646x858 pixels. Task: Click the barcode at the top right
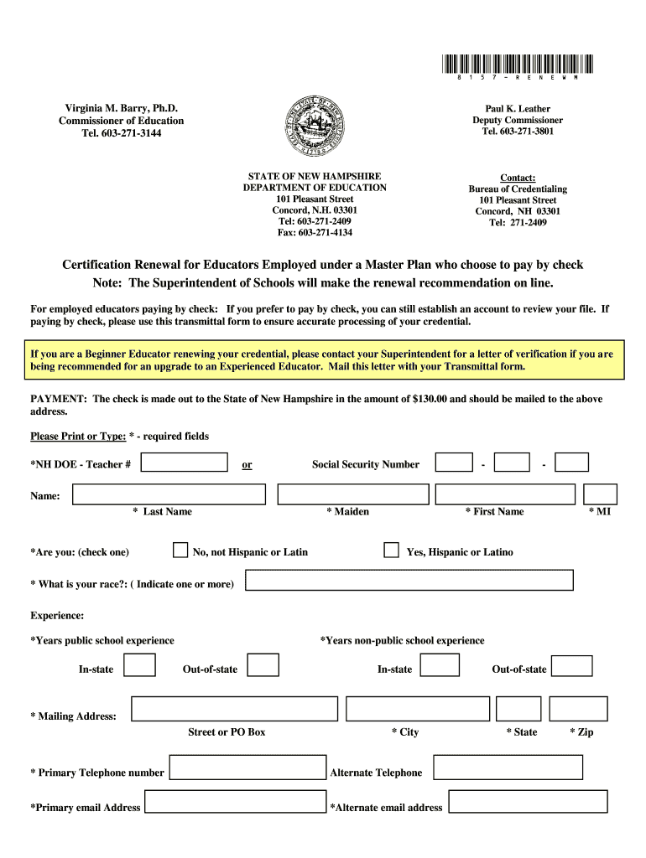(516, 64)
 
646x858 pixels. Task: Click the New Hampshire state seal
(315, 126)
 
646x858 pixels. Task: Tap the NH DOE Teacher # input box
(185, 463)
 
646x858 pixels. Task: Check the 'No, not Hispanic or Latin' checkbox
(180, 550)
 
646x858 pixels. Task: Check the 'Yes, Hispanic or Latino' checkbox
(391, 550)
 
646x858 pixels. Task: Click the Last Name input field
(169, 494)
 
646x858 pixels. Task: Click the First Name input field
(505, 494)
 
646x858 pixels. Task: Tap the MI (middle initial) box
(600, 494)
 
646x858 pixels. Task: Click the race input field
(409, 580)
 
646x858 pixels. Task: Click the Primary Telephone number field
(247, 768)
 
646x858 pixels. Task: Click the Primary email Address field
(235, 802)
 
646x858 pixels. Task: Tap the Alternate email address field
(528, 802)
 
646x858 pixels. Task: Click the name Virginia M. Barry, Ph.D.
(122, 109)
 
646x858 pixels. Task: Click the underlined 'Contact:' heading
(518, 178)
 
